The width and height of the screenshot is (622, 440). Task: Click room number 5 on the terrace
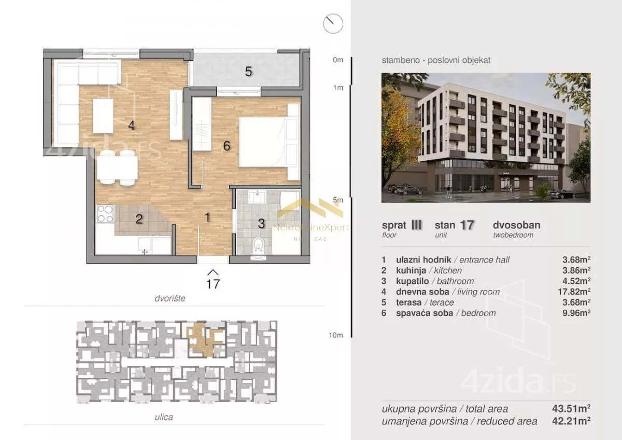click(248, 72)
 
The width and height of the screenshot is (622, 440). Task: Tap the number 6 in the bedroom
click(227, 146)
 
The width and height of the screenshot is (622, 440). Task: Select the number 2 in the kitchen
click(139, 219)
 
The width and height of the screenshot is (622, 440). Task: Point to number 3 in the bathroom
click(261, 224)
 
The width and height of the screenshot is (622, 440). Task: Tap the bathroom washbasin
click(258, 197)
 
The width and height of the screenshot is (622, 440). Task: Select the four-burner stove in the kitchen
click(105, 214)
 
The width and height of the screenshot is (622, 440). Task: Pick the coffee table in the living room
click(103, 116)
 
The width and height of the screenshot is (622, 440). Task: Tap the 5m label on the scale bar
click(338, 200)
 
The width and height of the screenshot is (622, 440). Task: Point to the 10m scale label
click(336, 335)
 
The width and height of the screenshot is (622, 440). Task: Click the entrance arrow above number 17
click(213, 272)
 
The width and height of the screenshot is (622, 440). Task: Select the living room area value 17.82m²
click(574, 292)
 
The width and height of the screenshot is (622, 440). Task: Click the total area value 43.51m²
click(571, 408)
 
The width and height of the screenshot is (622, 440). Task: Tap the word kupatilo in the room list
click(413, 281)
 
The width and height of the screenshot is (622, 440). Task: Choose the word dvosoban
click(516, 225)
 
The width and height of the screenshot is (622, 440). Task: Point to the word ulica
click(164, 417)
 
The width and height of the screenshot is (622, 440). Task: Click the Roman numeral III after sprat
click(416, 225)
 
